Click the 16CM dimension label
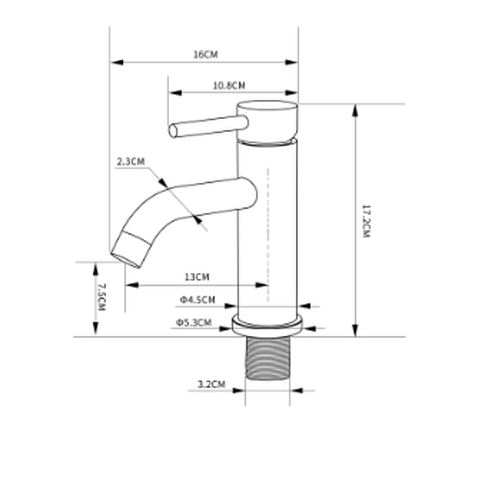pos(206,54)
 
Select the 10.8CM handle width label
pos(229,86)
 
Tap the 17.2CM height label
pos(366,221)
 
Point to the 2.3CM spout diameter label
pos(131,161)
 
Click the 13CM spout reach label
pos(197,277)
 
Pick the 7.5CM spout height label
pos(101,297)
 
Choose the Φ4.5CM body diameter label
pos(198,299)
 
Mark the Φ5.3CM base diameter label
pos(194,322)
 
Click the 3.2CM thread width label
pos(211,384)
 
